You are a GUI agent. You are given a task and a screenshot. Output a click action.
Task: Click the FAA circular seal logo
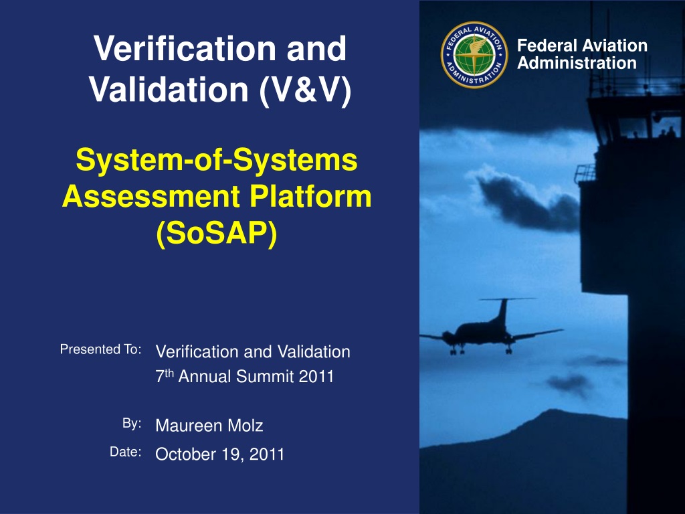pos(474,55)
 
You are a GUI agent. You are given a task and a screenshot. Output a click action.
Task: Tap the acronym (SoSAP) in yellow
pos(217,234)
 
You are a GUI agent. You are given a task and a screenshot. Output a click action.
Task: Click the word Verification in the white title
pos(185,48)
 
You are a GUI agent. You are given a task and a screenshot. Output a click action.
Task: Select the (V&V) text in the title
pos(305,90)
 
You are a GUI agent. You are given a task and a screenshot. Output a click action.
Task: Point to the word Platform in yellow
pos(310,196)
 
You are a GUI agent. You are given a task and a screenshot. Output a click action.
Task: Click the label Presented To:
pos(101,349)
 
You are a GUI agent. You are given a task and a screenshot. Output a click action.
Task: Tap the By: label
pos(132,424)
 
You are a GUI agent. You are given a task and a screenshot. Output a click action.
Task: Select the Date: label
pos(126,452)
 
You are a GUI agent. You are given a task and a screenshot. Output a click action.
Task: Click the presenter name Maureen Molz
pos(209,425)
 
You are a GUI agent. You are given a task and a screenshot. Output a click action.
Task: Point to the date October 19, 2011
pos(219,454)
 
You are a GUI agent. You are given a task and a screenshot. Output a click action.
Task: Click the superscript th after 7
pos(169,373)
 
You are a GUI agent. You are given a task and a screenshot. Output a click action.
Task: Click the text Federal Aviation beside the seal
pos(583,46)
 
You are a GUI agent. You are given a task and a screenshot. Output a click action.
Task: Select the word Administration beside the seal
pos(577,63)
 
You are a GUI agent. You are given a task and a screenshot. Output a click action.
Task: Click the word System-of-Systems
pos(217,159)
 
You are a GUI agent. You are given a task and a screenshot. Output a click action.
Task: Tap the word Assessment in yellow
pos(151,196)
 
